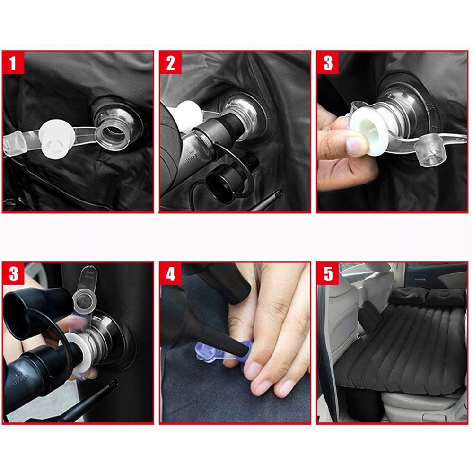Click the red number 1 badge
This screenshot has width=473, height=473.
[13, 62]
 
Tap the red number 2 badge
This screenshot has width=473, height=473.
[170, 62]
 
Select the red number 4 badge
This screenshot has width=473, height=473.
[170, 273]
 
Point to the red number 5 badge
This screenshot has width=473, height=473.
[328, 273]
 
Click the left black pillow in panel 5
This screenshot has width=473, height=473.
[406, 295]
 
